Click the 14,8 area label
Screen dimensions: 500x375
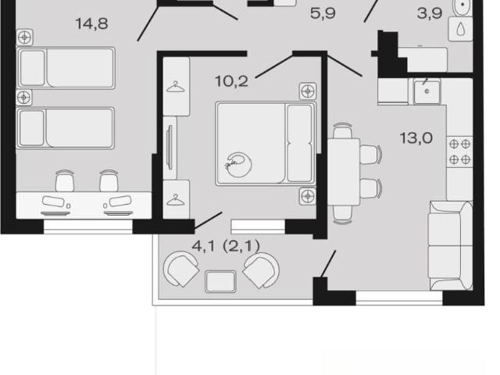click(x=91, y=24)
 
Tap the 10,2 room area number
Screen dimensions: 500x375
click(x=231, y=81)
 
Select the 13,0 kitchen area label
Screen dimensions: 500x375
click(x=416, y=138)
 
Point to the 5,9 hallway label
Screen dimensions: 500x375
click(x=323, y=13)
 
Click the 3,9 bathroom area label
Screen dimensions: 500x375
click(x=430, y=13)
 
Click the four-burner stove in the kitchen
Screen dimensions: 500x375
click(x=459, y=152)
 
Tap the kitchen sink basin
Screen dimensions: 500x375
click(x=427, y=92)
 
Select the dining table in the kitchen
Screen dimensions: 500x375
click(x=344, y=172)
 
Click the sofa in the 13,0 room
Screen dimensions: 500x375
click(x=451, y=245)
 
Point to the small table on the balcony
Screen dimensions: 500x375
click(x=220, y=281)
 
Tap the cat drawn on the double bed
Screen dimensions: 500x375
click(x=238, y=164)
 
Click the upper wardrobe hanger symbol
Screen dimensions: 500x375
click(x=176, y=87)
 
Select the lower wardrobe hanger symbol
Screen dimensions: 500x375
click(x=176, y=200)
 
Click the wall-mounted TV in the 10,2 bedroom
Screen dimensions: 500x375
click(x=170, y=148)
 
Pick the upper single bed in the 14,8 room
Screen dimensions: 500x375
click(x=66, y=68)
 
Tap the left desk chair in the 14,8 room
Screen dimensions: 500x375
click(x=65, y=181)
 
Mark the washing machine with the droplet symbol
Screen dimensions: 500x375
click(x=460, y=29)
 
